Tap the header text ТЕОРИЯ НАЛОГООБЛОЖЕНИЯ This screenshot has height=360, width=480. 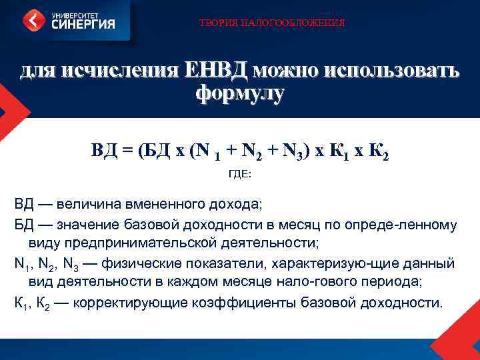pyautogui.click(x=273, y=23)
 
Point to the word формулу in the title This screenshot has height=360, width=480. pyautogui.click(x=240, y=93)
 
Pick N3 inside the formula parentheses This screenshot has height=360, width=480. pyautogui.click(x=293, y=151)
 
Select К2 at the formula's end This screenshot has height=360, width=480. pyautogui.click(x=378, y=151)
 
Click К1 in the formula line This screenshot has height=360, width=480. pyautogui.click(x=339, y=151)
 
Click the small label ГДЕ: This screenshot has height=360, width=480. pyautogui.click(x=240, y=175)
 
